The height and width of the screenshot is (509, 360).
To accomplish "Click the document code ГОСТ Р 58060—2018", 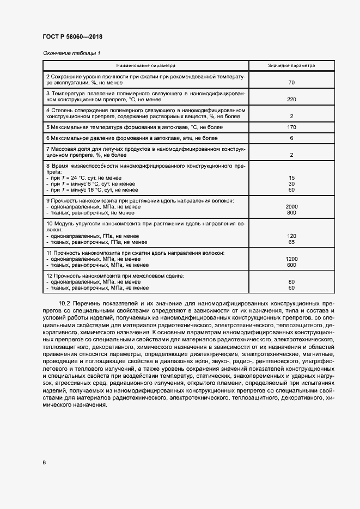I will click(72, 36).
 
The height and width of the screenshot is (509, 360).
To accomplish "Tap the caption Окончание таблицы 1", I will click(71, 53).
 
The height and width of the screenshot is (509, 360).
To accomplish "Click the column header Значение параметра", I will click(291, 65).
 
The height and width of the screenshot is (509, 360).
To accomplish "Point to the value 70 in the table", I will click(291, 83).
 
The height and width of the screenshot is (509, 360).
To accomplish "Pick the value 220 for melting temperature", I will click(291, 100).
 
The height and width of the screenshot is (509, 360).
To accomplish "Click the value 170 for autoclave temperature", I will click(291, 127).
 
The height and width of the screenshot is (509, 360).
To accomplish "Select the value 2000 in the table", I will click(291, 207).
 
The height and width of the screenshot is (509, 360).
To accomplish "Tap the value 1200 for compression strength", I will click(291, 259).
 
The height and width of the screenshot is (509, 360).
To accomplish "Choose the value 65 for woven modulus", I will click(291, 242).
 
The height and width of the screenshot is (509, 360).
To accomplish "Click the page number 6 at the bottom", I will click(44, 463).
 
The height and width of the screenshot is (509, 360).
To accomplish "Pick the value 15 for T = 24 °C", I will click(291, 178).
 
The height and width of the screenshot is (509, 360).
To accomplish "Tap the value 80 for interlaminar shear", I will click(291, 282).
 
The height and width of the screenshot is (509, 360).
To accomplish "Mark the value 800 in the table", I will click(291, 213).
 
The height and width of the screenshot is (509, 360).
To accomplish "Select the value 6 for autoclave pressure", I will click(291, 139).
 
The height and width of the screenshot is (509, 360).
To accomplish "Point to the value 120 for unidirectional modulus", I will click(291, 236).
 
